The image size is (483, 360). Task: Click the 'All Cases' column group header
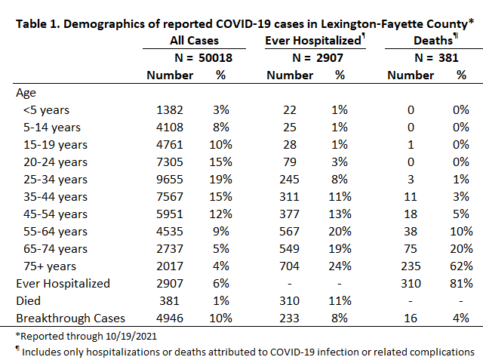point(194,41)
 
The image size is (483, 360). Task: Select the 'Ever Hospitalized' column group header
point(313,41)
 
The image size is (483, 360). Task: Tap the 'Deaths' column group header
point(433,41)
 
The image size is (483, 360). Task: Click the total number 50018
point(215,58)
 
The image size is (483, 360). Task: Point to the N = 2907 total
point(318,58)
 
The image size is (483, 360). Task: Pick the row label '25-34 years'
point(55,180)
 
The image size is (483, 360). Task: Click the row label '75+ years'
point(50,266)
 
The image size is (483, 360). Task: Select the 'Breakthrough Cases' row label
point(70,318)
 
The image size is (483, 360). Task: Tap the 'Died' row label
point(29,301)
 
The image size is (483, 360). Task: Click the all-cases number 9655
point(170,180)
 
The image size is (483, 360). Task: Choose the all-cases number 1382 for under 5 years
point(170,110)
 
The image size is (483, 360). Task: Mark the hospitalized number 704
point(289,266)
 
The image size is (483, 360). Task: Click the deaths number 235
point(411,266)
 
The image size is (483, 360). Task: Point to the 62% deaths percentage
point(461,266)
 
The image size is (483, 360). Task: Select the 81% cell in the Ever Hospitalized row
point(461,284)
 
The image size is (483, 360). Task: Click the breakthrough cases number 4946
point(170,318)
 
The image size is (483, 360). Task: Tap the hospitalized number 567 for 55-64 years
point(289,232)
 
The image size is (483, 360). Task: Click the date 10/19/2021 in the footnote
point(131,336)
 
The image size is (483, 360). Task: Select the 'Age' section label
point(26,93)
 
